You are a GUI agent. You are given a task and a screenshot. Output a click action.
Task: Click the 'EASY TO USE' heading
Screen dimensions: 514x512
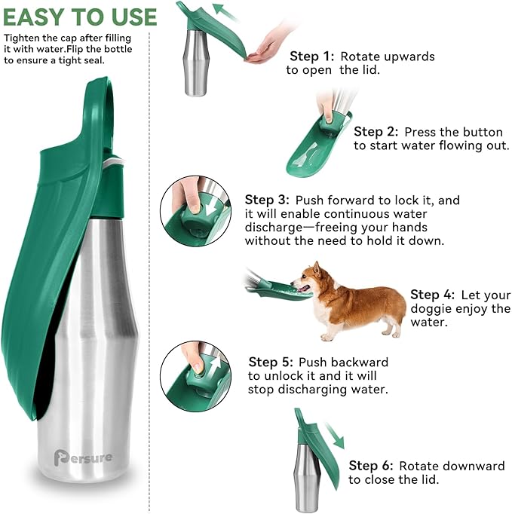79,17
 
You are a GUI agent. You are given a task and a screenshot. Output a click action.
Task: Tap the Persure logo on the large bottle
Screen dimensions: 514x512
82,457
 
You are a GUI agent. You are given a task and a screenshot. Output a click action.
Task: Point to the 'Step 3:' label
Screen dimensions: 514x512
267,200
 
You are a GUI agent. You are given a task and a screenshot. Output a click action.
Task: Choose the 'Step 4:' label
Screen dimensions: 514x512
433,295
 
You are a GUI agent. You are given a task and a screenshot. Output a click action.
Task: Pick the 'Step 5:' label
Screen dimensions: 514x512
271,363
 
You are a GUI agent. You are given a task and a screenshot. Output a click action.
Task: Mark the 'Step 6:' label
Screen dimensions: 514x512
371,466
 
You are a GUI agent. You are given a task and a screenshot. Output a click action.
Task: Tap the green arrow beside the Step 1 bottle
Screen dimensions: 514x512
224,12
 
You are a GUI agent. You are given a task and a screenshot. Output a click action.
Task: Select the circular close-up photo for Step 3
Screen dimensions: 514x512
195,210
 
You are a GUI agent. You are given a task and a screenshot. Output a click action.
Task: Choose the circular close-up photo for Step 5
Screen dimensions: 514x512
195,375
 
